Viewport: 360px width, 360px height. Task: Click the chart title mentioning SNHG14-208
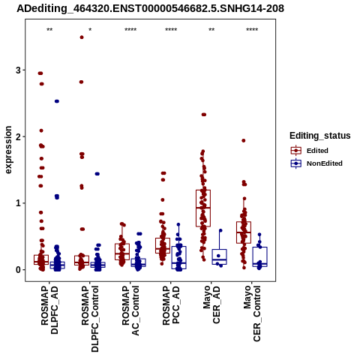point(150,8)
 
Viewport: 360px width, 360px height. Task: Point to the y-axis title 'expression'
point(8,150)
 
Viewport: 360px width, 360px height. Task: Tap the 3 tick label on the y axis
point(18,70)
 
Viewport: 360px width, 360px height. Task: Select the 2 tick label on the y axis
point(18,136)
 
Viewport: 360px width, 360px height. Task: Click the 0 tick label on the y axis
point(18,270)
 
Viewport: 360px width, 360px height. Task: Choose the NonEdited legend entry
point(316,163)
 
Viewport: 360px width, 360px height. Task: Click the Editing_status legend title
point(320,136)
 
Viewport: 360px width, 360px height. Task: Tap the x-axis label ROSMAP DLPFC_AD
point(49,310)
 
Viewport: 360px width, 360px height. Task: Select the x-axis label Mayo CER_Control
point(252,313)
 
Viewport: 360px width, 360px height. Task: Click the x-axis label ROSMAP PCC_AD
point(171,305)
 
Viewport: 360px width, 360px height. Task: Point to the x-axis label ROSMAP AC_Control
point(130,310)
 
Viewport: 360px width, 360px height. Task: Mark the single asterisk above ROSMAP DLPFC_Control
point(90,30)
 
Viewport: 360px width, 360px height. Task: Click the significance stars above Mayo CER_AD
point(211,30)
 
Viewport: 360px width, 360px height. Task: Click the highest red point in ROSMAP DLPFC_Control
point(82,37)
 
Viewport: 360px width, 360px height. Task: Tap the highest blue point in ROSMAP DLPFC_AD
point(57,101)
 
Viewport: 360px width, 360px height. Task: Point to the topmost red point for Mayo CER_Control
point(244,140)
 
